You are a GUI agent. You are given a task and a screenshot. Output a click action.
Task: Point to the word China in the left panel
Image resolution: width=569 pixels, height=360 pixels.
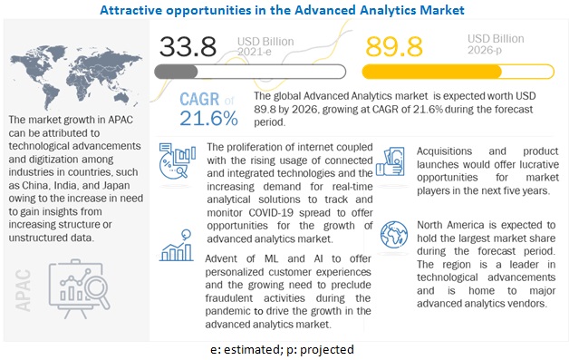coord(53,168)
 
